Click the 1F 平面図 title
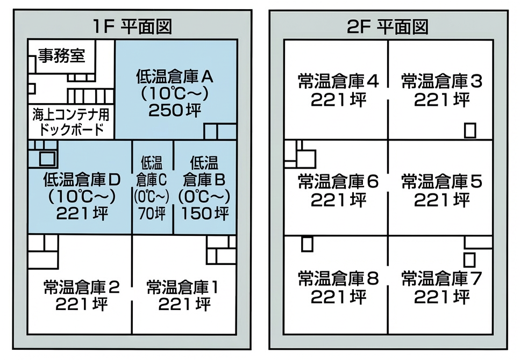(132, 26)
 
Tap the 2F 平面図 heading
(388, 26)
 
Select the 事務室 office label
(62, 56)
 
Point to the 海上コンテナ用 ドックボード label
(70, 122)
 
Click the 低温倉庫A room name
(175, 77)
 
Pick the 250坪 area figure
(175, 110)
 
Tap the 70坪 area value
(152, 213)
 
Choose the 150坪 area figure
(205, 213)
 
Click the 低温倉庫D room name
(82, 179)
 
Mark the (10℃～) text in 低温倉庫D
(82, 197)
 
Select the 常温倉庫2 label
(82, 287)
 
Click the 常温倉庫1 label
(183, 287)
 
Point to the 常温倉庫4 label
(338, 81)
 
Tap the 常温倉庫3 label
(441, 81)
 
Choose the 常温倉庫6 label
(338, 181)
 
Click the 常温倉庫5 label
(441, 181)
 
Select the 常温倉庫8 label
(338, 278)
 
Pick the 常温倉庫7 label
(441, 278)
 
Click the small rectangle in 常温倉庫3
(470, 130)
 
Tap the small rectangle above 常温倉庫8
(307, 244)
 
